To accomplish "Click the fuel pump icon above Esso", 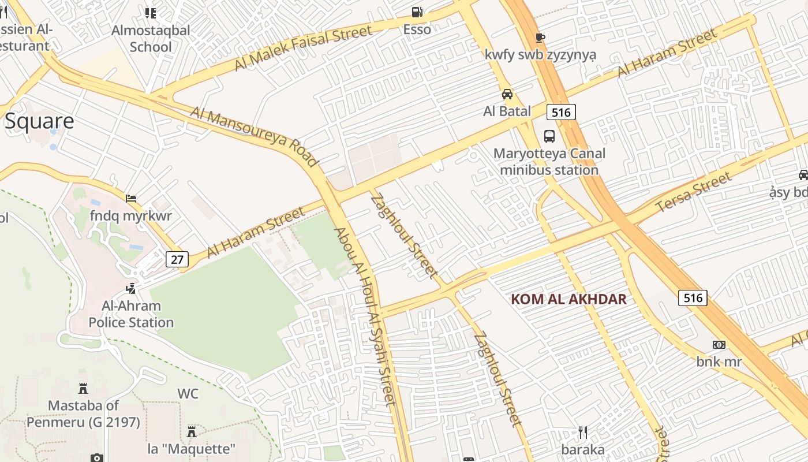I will click(x=417, y=12).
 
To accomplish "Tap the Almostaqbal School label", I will click(x=151, y=38).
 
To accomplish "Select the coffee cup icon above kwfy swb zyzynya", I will click(x=540, y=38).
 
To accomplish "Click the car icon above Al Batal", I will click(x=507, y=94).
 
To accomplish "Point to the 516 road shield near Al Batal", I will click(x=562, y=112).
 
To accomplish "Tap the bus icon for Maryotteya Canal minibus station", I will click(x=549, y=136).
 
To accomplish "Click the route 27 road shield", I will click(x=177, y=259).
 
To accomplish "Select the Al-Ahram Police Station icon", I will click(x=132, y=288).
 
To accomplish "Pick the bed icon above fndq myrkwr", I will click(x=131, y=199).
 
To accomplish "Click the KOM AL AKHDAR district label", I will click(x=569, y=299).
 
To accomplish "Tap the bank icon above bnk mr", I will click(x=719, y=345).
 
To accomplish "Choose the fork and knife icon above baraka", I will click(x=583, y=432).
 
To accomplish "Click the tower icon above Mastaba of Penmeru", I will click(x=83, y=388).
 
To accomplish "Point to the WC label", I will click(x=188, y=394).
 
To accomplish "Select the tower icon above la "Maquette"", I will click(x=192, y=431).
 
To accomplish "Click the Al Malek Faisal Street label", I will click(x=303, y=48).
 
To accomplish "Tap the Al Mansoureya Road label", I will click(x=254, y=136).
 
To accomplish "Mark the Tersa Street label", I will click(x=694, y=192).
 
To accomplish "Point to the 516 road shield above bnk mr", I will click(x=693, y=297).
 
